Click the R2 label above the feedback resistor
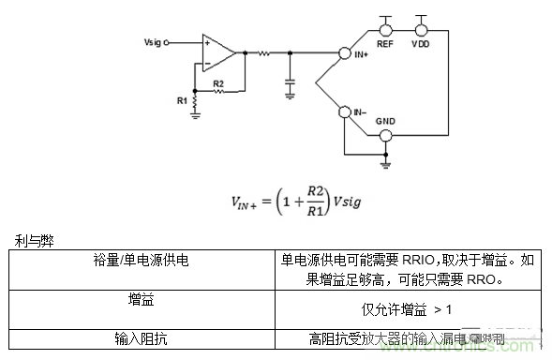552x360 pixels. tap(217, 83)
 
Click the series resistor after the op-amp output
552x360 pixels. tap(265, 53)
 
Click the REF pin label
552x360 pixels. tap(384, 42)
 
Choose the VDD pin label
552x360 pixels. tap(420, 42)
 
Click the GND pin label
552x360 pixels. tap(384, 122)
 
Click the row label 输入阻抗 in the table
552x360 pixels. tap(143, 338)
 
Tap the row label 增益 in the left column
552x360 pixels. tap(143, 300)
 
